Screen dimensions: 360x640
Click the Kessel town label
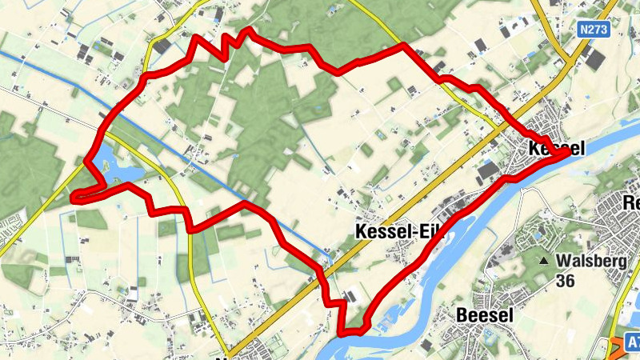click(x=557, y=148)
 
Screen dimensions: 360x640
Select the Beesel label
click(x=484, y=315)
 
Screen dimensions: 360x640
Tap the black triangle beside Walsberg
click(x=544, y=262)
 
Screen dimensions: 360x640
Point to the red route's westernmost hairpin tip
click(x=74, y=196)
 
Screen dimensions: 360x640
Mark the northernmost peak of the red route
click(x=250, y=30)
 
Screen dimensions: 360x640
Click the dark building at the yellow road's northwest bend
click(x=162, y=46)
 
